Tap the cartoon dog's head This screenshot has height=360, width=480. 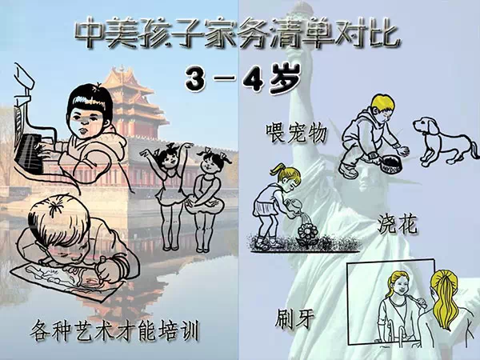pyautogui.click(x=425, y=126)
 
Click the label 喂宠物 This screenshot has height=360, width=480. pyautogui.click(x=296, y=133)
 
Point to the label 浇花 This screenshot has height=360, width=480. pyautogui.click(x=397, y=225)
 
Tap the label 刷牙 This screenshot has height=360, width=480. pyautogui.click(x=294, y=318)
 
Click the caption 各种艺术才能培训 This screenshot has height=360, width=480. pyautogui.click(x=114, y=331)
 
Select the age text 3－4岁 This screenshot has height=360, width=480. pyautogui.click(x=242, y=78)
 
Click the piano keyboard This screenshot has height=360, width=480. pyautogui.click(x=29, y=154)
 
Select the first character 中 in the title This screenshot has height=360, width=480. pyautogui.click(x=89, y=31)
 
